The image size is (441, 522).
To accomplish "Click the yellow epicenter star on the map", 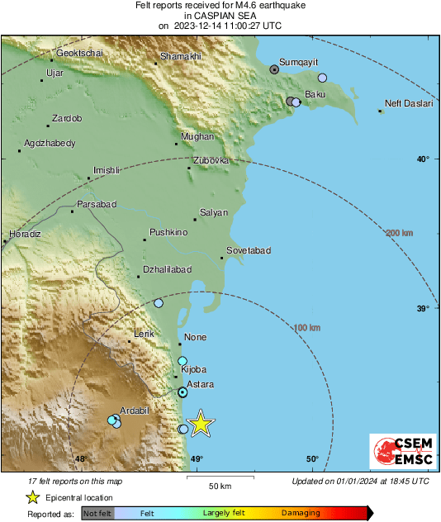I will pos(200,424).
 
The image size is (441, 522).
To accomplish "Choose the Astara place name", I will pos(201,385).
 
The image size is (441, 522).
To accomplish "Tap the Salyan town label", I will pos(214,213).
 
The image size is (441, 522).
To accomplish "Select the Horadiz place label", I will pos(25,235).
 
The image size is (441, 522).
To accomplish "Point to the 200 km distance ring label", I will pos(399,234).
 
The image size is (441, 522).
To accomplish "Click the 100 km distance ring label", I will pos(307,328).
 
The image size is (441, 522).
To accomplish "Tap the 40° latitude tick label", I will pos(422,159).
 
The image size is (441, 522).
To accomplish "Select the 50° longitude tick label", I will pos(312,459).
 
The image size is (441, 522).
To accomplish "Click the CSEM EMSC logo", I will pos(398,452).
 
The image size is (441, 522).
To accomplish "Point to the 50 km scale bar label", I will pos(219,486).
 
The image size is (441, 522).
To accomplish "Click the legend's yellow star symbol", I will pos(32,497).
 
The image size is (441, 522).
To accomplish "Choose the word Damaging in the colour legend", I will pos(301,513).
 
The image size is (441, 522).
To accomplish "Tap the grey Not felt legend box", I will pos(98,513).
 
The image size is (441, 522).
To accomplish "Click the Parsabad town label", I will pos(97,204).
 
